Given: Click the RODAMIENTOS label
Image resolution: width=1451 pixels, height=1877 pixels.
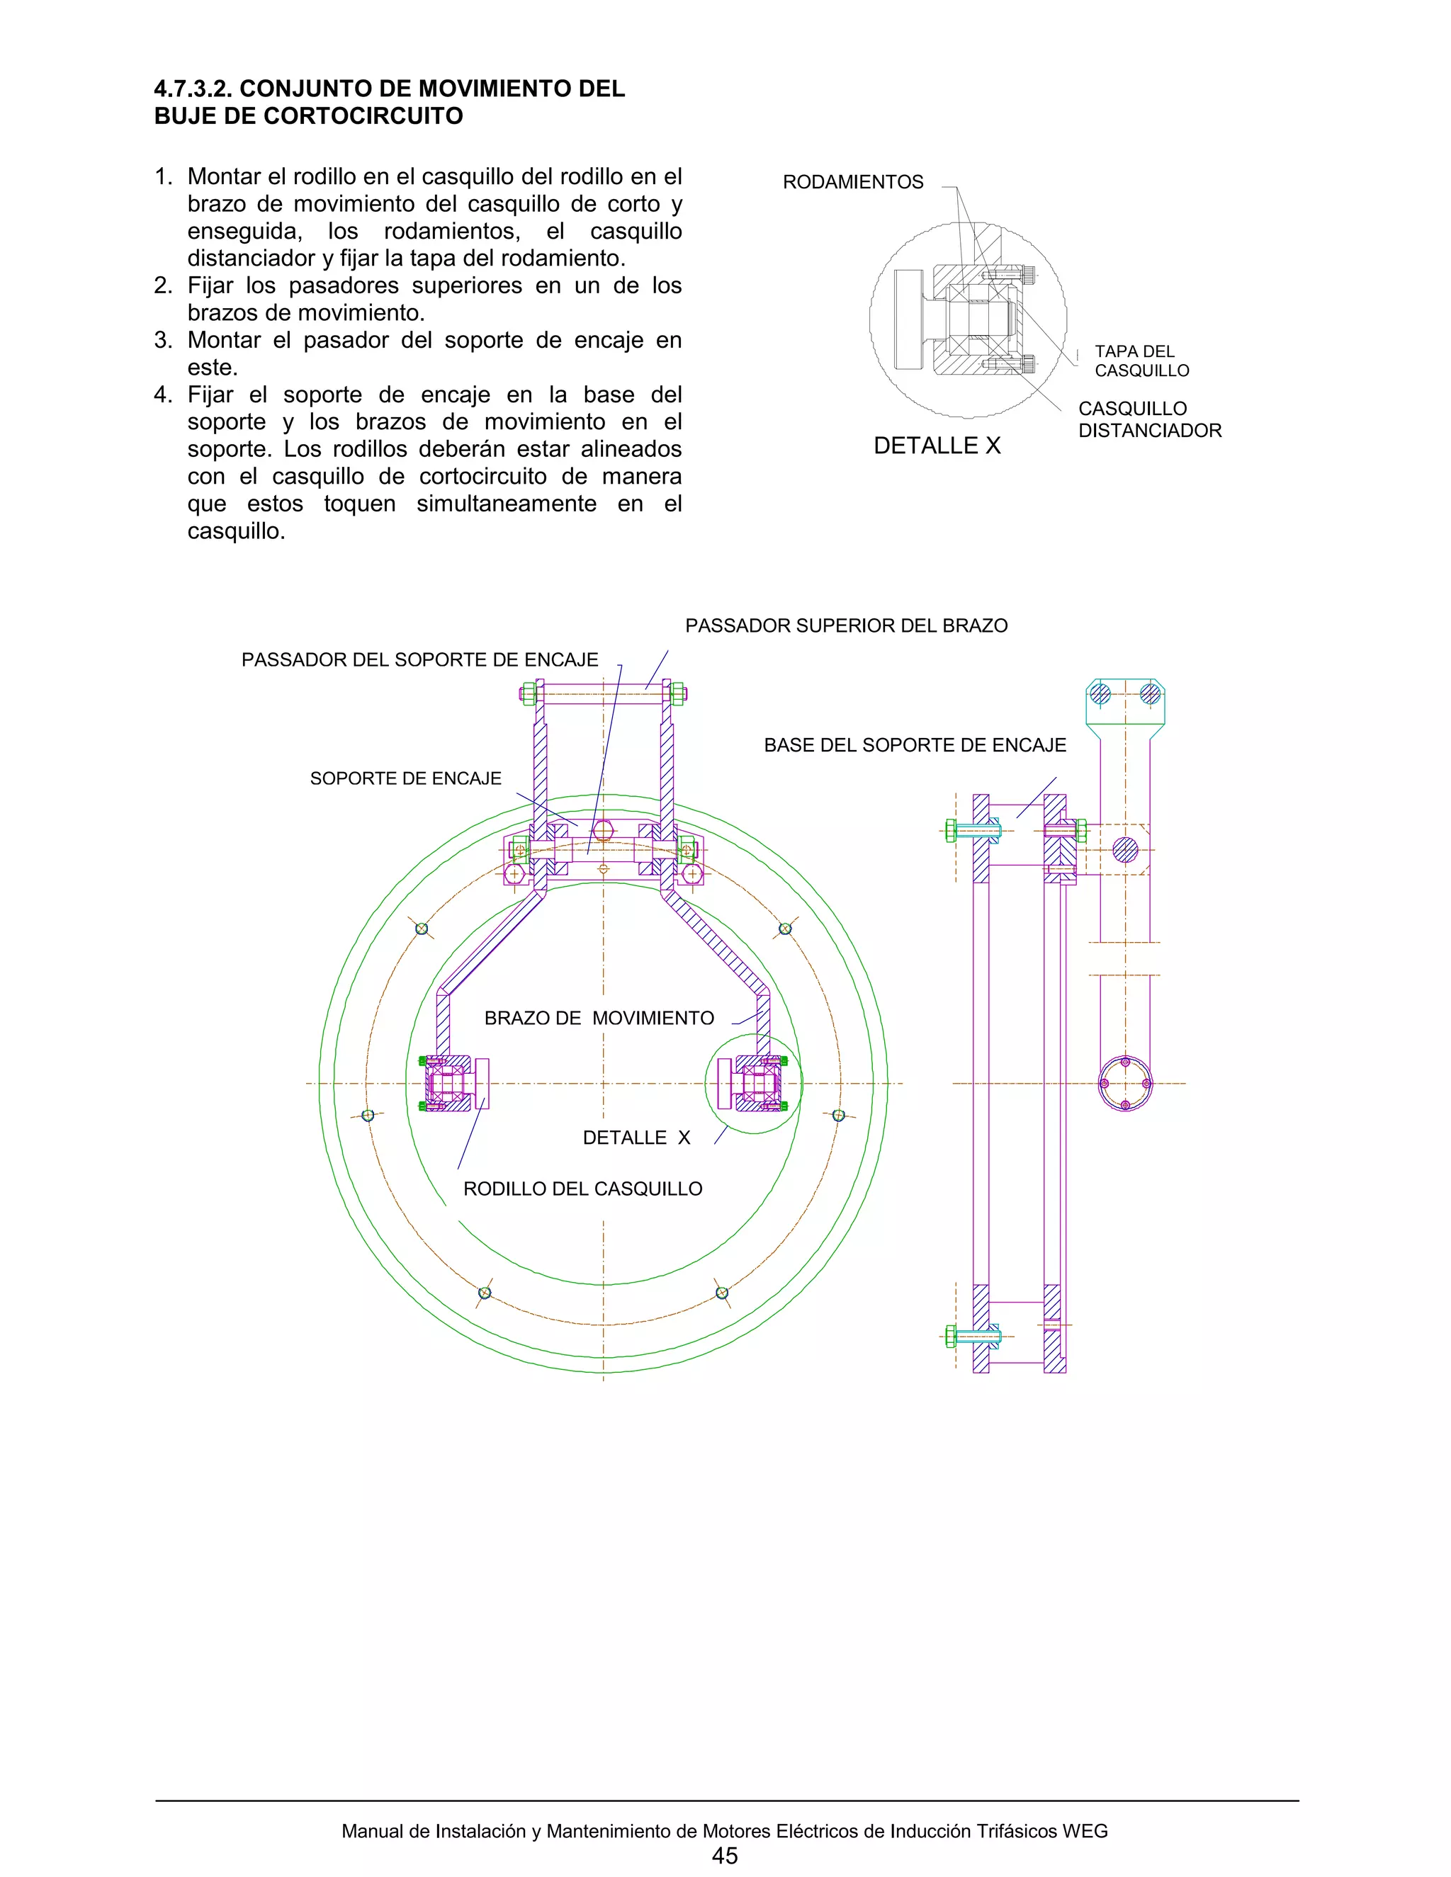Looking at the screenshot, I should (x=853, y=182).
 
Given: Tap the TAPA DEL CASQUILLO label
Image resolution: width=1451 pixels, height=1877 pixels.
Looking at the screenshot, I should (x=1141, y=361).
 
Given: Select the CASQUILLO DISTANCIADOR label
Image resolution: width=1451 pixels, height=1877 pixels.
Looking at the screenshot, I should (x=1149, y=419).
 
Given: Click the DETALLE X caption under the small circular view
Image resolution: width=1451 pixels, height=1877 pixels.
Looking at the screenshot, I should (x=937, y=446).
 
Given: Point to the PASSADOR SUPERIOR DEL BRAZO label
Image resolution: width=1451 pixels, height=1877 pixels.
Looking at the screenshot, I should (x=846, y=625).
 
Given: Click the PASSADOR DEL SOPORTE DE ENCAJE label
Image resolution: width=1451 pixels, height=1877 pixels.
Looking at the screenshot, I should (x=419, y=660).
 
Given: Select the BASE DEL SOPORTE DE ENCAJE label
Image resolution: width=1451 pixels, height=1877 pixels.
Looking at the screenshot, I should (x=915, y=745).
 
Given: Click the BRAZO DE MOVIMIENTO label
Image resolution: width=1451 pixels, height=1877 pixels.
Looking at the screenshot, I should (x=599, y=1019).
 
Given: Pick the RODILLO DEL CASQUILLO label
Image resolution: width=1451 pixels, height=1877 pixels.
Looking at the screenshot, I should (x=583, y=1189).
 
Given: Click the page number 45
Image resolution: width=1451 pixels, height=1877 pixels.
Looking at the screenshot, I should (x=725, y=1856).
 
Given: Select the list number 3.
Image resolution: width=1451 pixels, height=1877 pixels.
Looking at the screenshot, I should (x=164, y=340).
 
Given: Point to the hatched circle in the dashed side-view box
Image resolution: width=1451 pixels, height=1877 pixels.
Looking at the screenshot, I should (x=1124, y=850).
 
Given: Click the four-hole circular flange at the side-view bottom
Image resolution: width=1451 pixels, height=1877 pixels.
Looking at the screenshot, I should (x=1124, y=1084).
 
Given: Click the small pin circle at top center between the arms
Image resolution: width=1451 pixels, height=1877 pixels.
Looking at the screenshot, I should (x=603, y=830).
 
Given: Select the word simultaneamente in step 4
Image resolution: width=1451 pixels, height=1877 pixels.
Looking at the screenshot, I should (x=507, y=504).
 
